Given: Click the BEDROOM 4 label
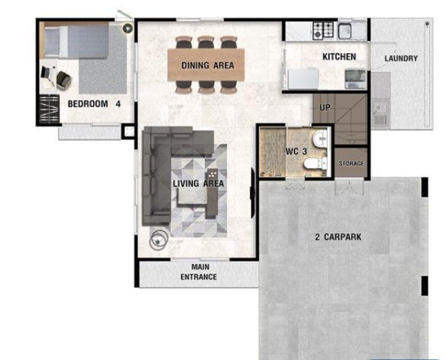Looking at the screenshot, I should pyautogui.click(x=94, y=104).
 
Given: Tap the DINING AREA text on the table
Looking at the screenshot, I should pyautogui.click(x=208, y=66).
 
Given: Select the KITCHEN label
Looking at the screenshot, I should pyautogui.click(x=339, y=57).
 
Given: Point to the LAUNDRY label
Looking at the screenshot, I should pyautogui.click(x=401, y=59).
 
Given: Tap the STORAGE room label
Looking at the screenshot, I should pyautogui.click(x=351, y=164).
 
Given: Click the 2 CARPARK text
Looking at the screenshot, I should pyautogui.click(x=338, y=237).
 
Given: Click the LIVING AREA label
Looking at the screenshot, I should pyautogui.click(x=198, y=184).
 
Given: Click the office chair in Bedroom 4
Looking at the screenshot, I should pyautogui.click(x=63, y=79).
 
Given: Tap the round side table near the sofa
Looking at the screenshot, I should pyautogui.click(x=159, y=239).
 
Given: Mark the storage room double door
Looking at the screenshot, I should pyautogui.click(x=349, y=187).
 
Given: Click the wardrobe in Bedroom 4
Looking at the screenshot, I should pyautogui.click(x=49, y=109).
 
